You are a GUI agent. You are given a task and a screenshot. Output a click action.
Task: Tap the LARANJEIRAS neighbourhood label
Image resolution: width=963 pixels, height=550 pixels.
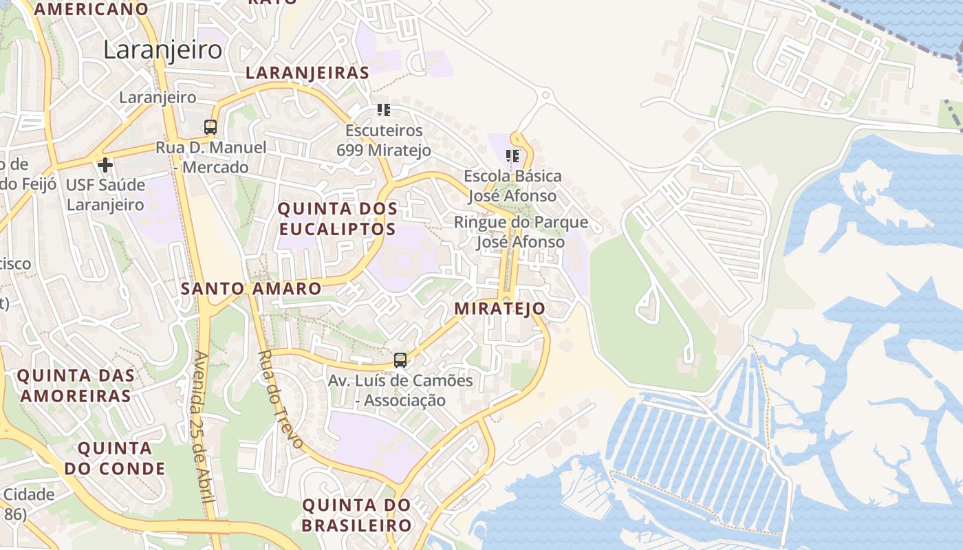click(307, 73)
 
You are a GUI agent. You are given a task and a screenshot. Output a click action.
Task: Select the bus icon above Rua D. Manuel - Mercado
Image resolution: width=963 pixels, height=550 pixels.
click(210, 127)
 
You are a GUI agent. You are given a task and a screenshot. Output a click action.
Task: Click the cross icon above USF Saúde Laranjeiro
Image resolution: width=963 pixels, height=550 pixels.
click(105, 165)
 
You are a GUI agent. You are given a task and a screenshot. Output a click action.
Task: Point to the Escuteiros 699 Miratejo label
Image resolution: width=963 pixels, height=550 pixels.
click(384, 140)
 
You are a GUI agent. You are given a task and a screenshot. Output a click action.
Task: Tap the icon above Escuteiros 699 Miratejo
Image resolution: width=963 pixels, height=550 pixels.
click(384, 110)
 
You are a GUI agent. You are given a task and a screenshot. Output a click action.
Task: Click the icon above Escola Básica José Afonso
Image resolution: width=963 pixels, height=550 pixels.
click(512, 156)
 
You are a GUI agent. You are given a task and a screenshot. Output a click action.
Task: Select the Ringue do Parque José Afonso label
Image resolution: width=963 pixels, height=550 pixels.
click(521, 232)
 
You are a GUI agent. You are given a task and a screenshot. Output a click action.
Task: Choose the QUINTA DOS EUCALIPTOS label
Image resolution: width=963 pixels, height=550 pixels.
click(337, 219)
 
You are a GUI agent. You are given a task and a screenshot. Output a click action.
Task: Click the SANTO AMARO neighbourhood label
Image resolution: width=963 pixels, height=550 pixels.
click(251, 289)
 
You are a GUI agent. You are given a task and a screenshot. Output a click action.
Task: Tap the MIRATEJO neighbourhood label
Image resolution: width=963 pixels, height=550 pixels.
click(499, 309)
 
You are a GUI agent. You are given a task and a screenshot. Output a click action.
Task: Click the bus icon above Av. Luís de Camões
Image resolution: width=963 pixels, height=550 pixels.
click(400, 360)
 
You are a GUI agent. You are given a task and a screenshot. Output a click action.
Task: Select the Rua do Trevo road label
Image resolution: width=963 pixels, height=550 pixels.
click(280, 399)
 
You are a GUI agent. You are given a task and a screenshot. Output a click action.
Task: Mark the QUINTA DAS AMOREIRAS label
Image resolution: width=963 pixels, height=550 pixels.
click(76, 386)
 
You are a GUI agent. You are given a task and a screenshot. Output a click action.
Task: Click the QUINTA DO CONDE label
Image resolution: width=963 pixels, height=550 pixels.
click(115, 459)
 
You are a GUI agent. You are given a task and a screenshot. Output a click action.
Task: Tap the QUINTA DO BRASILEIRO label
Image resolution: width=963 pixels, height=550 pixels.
click(356, 516)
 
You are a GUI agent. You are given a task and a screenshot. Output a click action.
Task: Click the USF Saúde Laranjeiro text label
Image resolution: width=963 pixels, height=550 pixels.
click(105, 195)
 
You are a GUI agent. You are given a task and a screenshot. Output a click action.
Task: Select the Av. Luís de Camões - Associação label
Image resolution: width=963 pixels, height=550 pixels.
click(400, 390)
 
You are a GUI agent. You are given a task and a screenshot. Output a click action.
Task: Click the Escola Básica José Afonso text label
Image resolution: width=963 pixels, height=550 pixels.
click(512, 186)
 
